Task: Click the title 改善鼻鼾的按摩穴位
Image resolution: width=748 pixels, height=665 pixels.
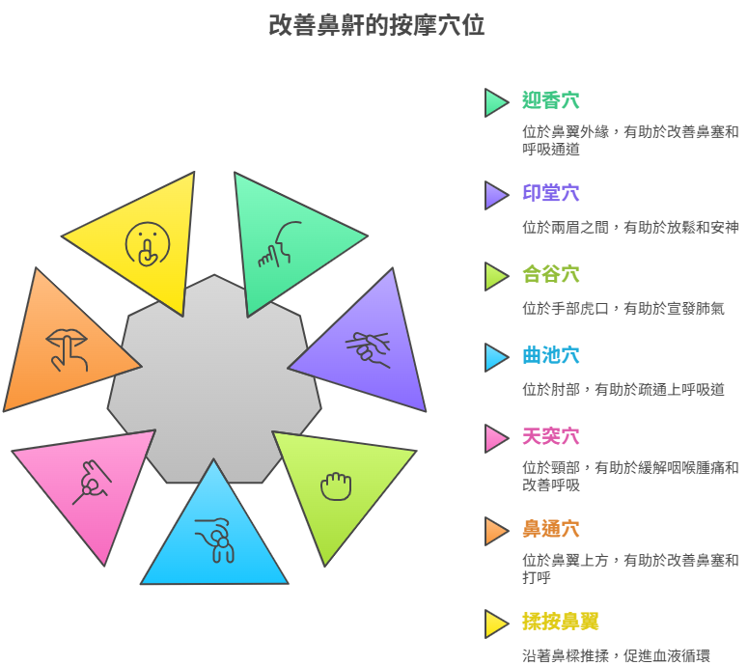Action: (376, 25)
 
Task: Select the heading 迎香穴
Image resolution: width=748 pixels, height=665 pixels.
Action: (551, 100)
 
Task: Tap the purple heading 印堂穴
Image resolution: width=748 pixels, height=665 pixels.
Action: (551, 193)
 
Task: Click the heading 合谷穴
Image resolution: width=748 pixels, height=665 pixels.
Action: (551, 274)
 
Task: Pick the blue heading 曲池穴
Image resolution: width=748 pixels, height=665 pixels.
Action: (551, 355)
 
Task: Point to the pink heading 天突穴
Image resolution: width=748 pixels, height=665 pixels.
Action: (551, 436)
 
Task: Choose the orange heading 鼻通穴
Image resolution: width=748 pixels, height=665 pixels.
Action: (551, 529)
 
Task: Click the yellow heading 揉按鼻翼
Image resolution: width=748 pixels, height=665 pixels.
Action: (561, 622)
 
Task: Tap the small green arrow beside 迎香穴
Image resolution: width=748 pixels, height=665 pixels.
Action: (496, 102)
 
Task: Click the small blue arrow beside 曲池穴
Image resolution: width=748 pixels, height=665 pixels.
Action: (496, 357)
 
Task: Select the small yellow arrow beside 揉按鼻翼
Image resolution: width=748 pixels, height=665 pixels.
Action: (496, 623)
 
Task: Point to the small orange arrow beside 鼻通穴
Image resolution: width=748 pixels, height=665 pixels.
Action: (496, 531)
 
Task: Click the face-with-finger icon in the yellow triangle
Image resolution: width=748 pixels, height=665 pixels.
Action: (148, 244)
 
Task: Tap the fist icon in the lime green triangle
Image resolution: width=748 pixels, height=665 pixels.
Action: (336, 486)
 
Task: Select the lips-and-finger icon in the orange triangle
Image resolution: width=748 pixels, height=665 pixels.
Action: (67, 350)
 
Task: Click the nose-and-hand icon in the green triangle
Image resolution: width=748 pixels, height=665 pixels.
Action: (280, 244)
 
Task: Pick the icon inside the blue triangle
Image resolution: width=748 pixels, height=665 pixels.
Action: (214, 540)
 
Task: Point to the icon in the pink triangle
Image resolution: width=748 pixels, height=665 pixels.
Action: (92, 483)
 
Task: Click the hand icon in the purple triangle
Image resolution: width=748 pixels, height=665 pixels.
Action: (368, 349)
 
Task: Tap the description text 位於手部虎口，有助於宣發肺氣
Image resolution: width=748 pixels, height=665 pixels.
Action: (623, 309)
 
